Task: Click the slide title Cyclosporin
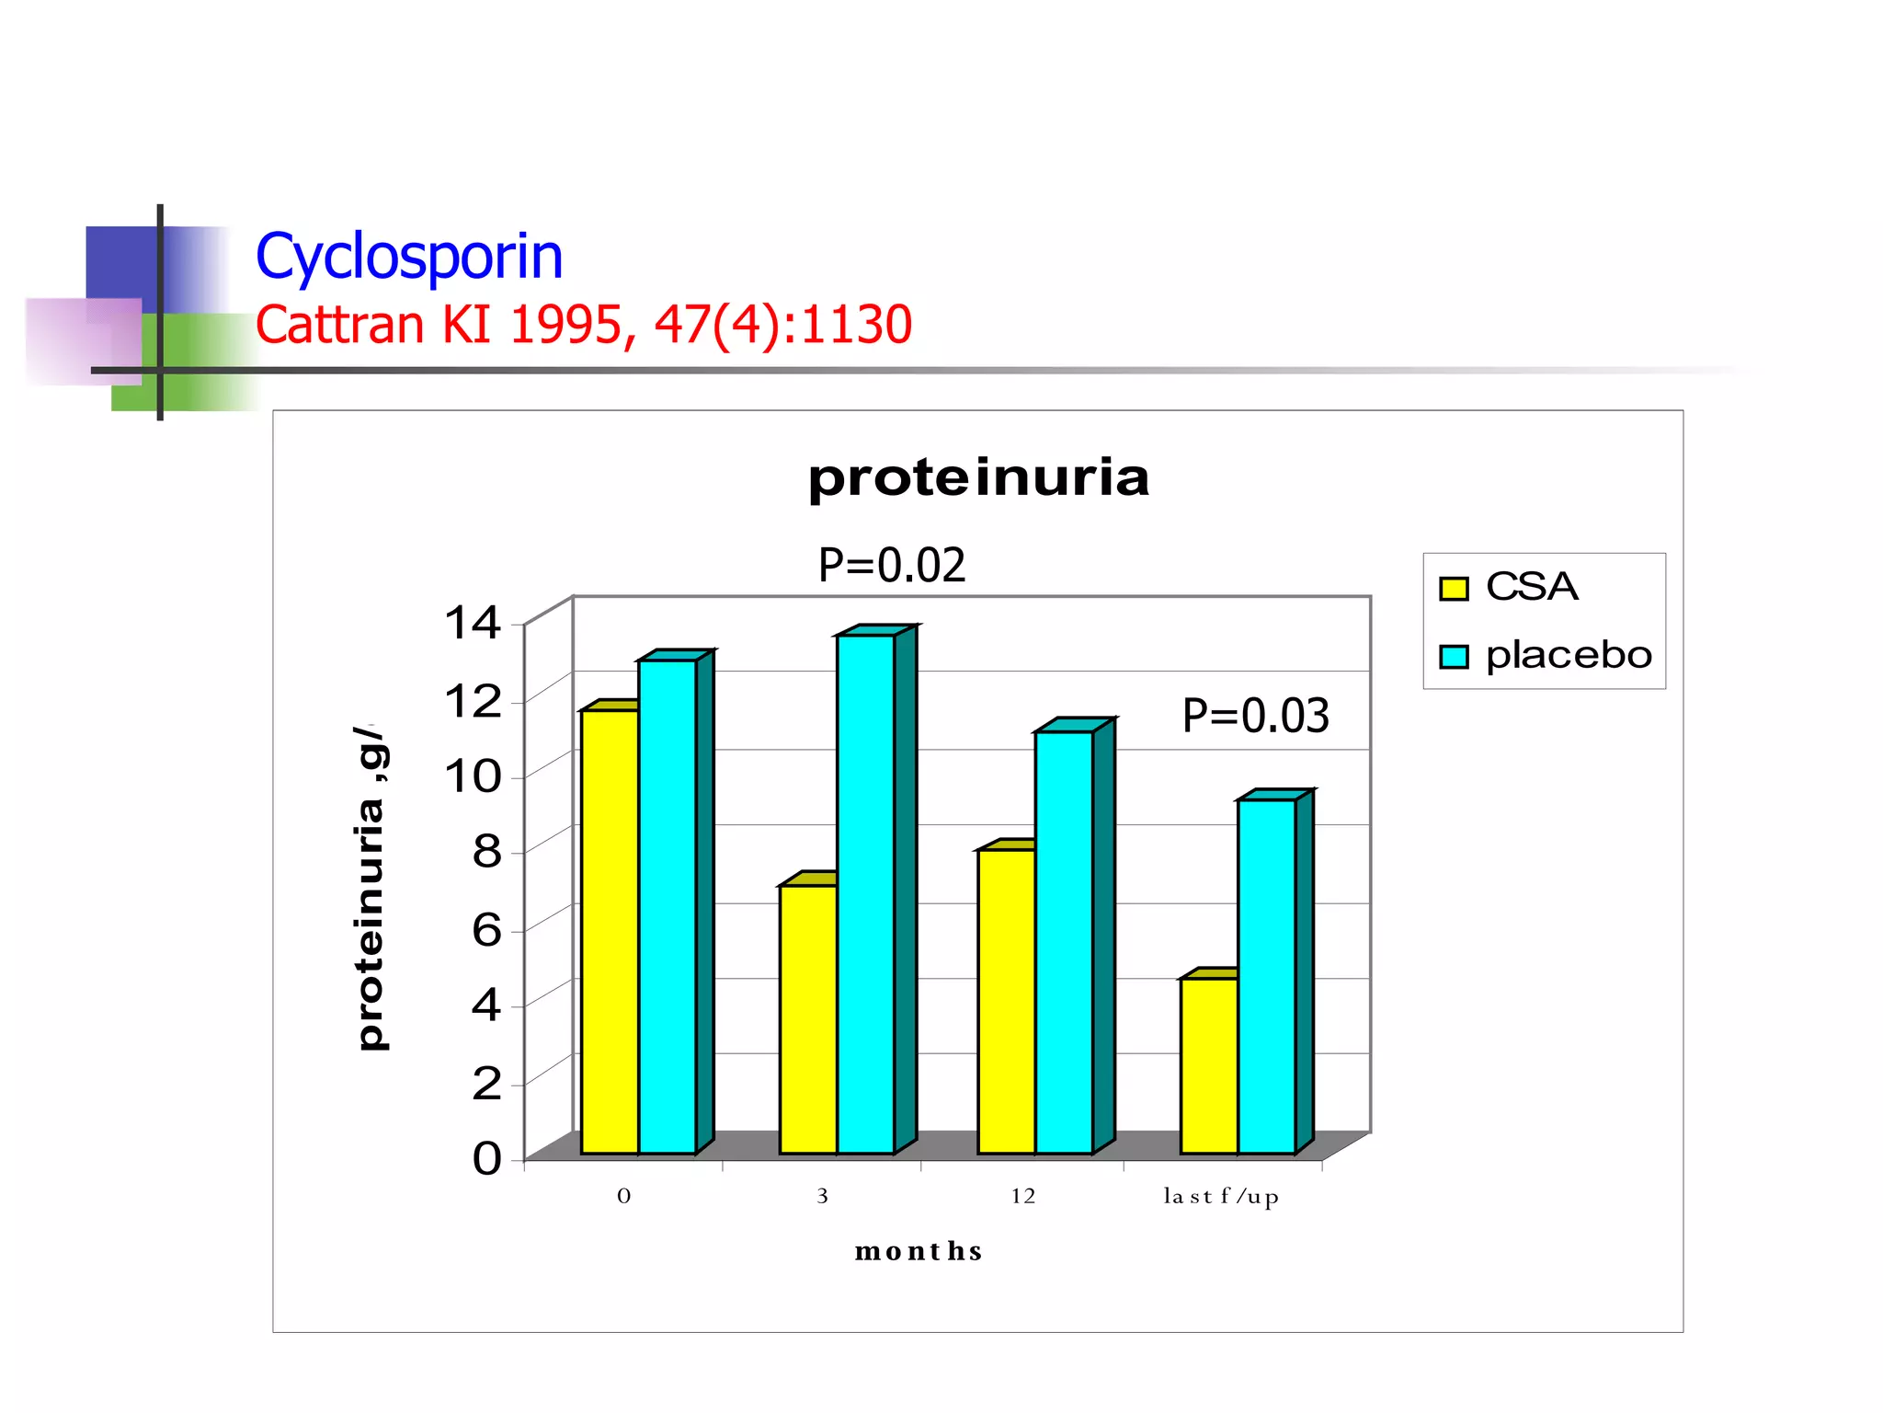[x=409, y=257]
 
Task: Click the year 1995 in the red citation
[x=563, y=325]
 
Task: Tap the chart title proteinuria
[x=978, y=477]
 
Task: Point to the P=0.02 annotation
[x=892, y=565]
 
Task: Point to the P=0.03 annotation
[x=1255, y=716]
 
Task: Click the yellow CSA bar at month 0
[x=610, y=929]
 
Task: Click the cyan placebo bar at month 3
[x=865, y=892]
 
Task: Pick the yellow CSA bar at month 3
[x=808, y=1017]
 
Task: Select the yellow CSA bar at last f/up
[x=1209, y=1064]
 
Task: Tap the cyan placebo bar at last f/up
[x=1266, y=975]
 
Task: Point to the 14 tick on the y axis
[x=473, y=623]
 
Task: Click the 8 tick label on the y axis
[x=486, y=852]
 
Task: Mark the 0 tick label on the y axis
[x=486, y=1158]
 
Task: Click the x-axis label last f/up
[x=1221, y=1197]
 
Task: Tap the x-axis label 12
[x=1022, y=1196]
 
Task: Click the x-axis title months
[x=919, y=1251]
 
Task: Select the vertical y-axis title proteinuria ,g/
[x=371, y=888]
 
